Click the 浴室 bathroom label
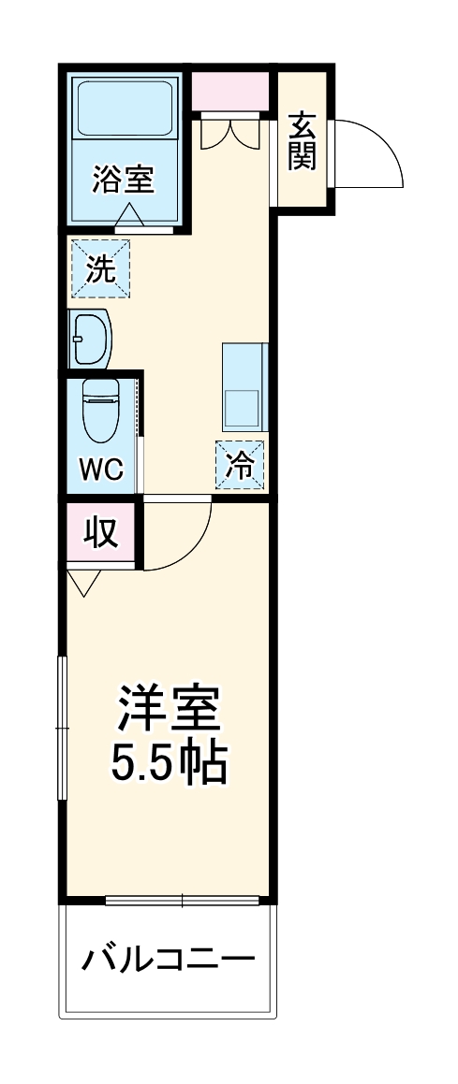[x=124, y=177]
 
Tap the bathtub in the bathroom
[x=126, y=109]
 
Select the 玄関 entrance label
[x=301, y=140]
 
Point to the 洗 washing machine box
[x=101, y=268]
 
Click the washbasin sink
[x=92, y=338]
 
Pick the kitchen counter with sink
[x=245, y=387]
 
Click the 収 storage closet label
[x=101, y=532]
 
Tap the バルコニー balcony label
[x=168, y=960]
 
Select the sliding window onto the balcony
[x=182, y=901]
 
